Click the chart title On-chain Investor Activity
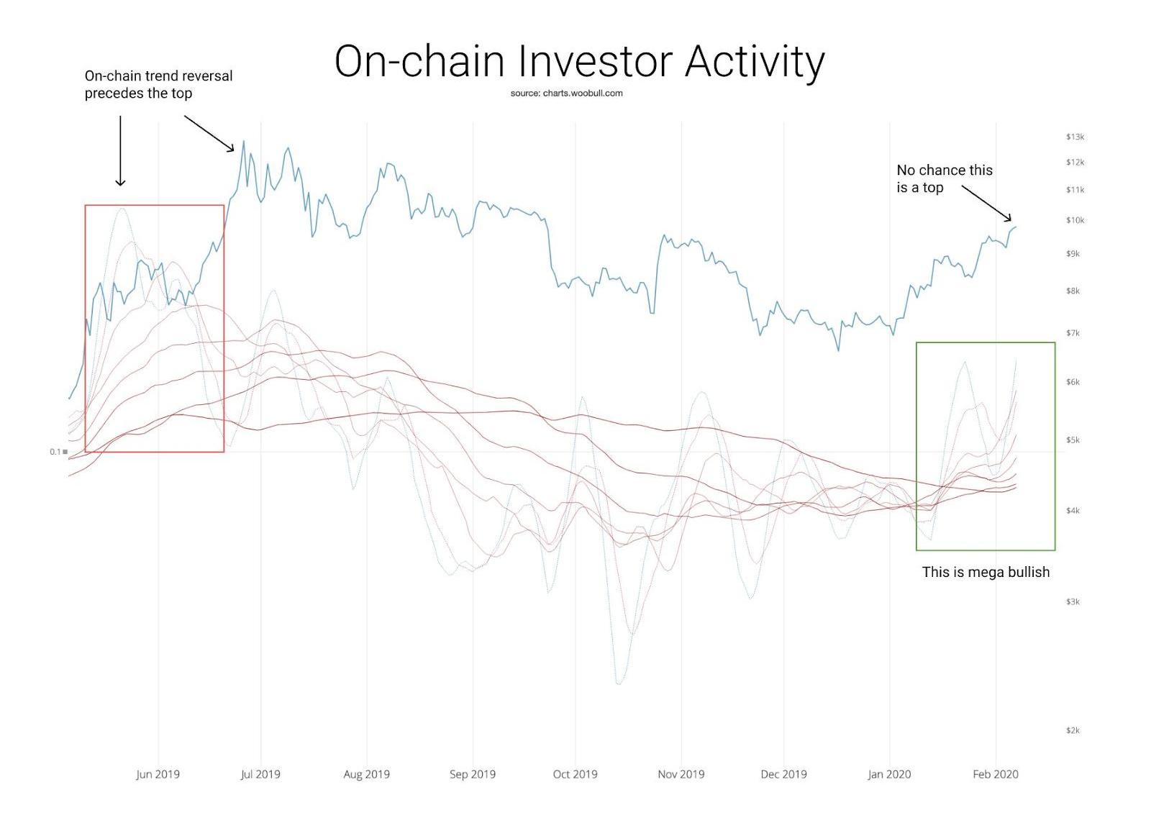(579, 61)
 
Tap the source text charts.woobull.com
(566, 93)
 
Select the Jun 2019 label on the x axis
(158, 774)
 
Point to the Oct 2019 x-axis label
(575, 774)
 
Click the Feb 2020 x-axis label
(995, 774)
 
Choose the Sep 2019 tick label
(472, 774)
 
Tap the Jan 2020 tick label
(889, 774)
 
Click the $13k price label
(1075, 137)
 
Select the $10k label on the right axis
(1075, 220)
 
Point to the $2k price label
(1073, 730)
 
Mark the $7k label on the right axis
(1073, 333)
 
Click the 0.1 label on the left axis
(55, 452)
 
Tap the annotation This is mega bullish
(986, 572)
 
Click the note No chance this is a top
(944, 178)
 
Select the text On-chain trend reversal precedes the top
(158, 84)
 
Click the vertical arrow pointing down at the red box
(120, 150)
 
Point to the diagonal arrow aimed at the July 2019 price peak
(209, 134)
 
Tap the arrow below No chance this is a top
(986, 203)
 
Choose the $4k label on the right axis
(1073, 511)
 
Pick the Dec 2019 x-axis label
(783, 774)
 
